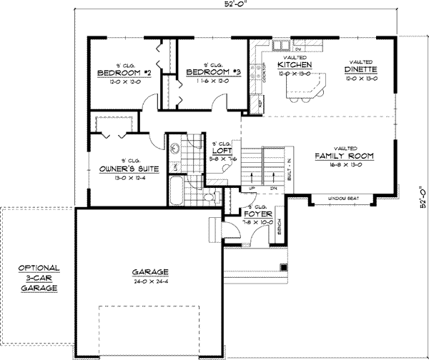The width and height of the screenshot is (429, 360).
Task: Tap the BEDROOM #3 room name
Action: [212, 73]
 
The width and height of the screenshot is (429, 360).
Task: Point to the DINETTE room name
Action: [360, 69]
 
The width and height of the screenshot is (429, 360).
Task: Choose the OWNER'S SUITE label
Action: [124, 169]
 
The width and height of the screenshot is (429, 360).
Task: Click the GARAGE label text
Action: [149, 272]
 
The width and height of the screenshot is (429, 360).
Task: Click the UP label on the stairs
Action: [252, 188]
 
